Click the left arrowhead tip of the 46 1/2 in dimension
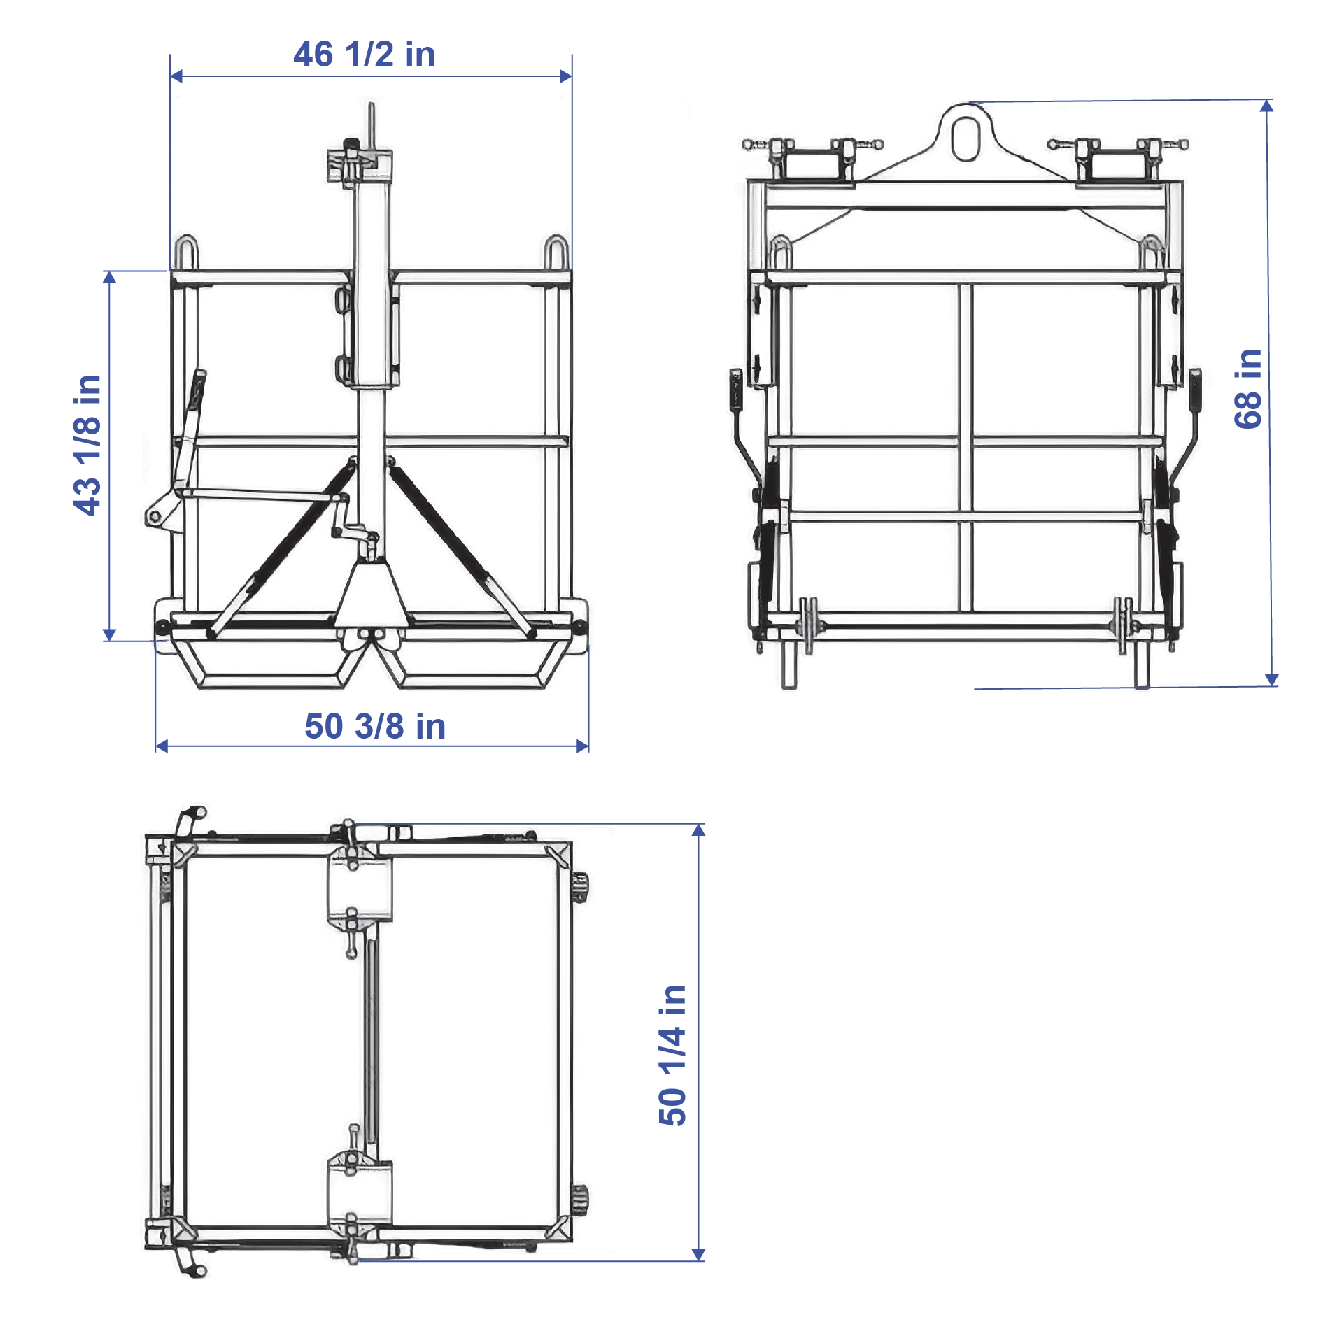tap(171, 76)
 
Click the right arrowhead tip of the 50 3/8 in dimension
tap(588, 746)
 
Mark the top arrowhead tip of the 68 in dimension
tap(1267, 100)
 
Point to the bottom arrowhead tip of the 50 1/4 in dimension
tap(698, 1261)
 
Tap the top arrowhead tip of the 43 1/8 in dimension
tap(109, 271)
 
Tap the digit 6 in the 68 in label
tap(1247, 418)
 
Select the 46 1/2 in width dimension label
tap(364, 54)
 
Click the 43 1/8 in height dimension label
tap(87, 446)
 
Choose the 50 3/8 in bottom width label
tap(375, 725)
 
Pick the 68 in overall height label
tap(1247, 389)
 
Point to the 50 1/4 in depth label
tap(672, 1056)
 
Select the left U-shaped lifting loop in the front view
tap(186, 253)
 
